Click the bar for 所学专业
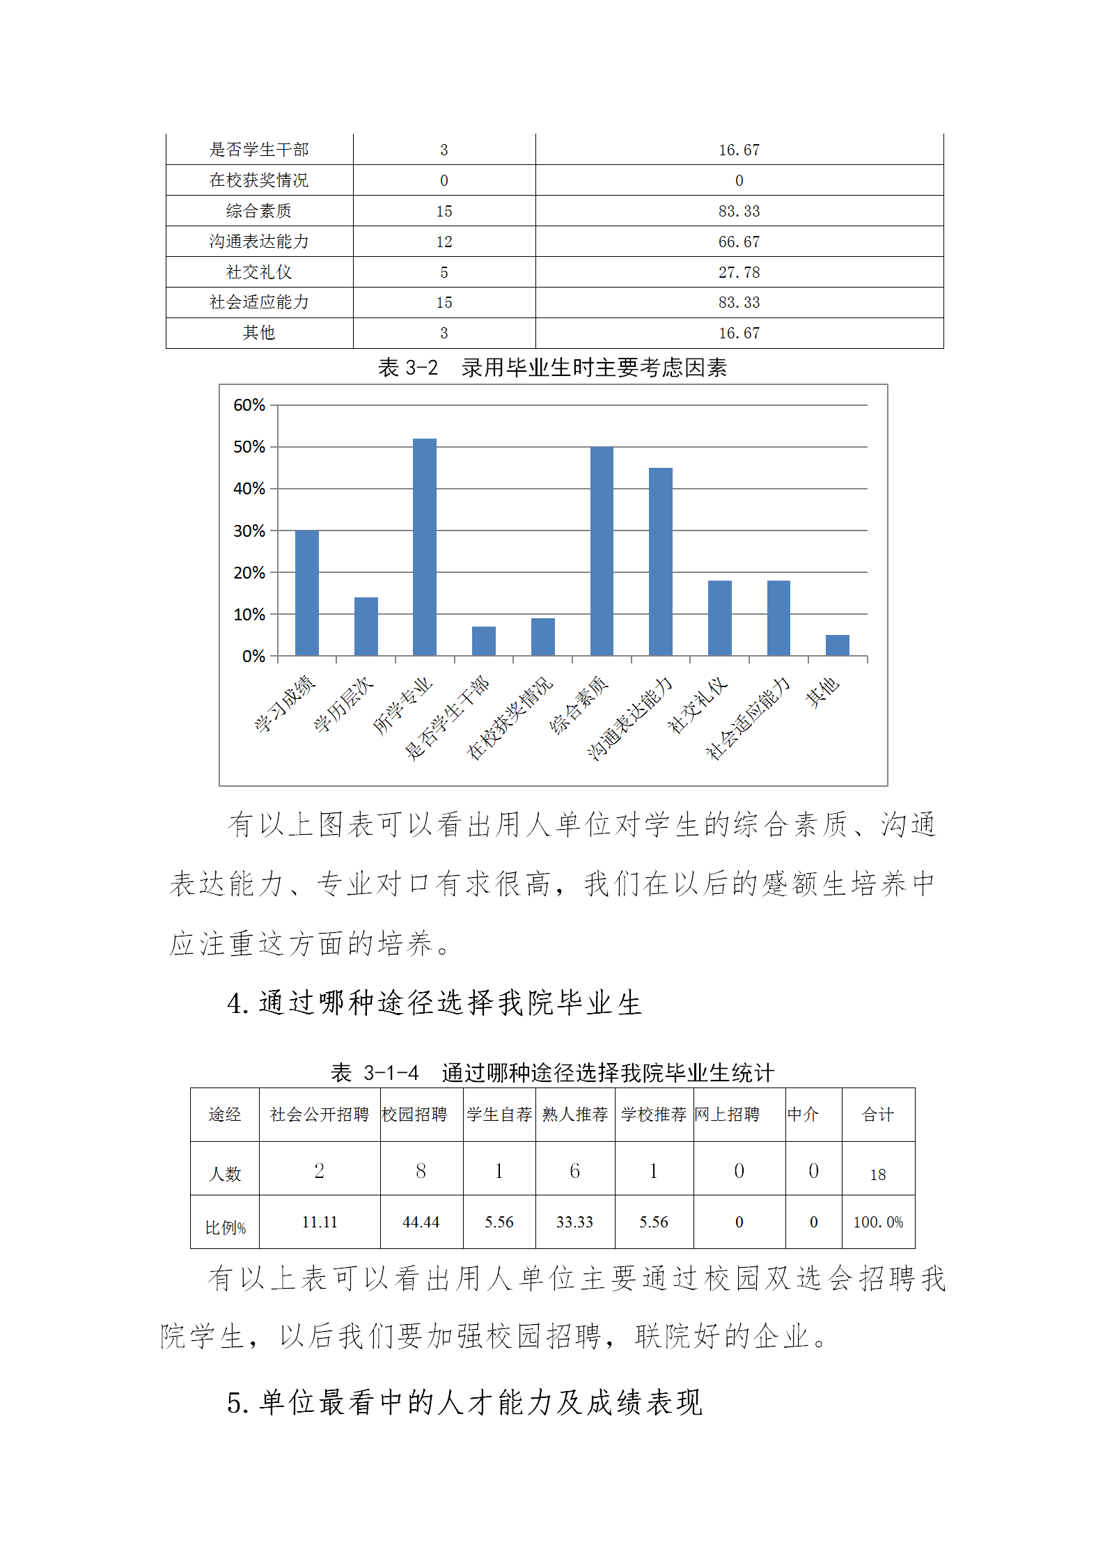click(425, 547)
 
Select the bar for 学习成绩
click(307, 592)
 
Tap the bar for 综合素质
click(602, 551)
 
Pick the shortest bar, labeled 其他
click(837, 645)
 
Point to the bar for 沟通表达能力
click(661, 561)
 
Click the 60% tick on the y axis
click(249, 405)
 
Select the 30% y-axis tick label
click(249, 531)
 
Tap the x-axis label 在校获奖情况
click(510, 718)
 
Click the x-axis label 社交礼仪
click(698, 705)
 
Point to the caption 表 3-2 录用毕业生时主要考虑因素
click(552, 368)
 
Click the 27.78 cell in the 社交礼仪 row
click(739, 272)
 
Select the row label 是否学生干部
click(259, 150)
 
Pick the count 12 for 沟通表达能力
click(444, 242)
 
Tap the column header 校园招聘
click(414, 1115)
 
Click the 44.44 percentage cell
click(421, 1222)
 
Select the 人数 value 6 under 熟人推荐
click(574, 1171)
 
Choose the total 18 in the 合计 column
click(877, 1175)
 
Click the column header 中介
click(803, 1115)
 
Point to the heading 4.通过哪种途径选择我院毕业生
click(434, 1003)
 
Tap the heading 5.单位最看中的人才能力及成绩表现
click(464, 1402)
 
